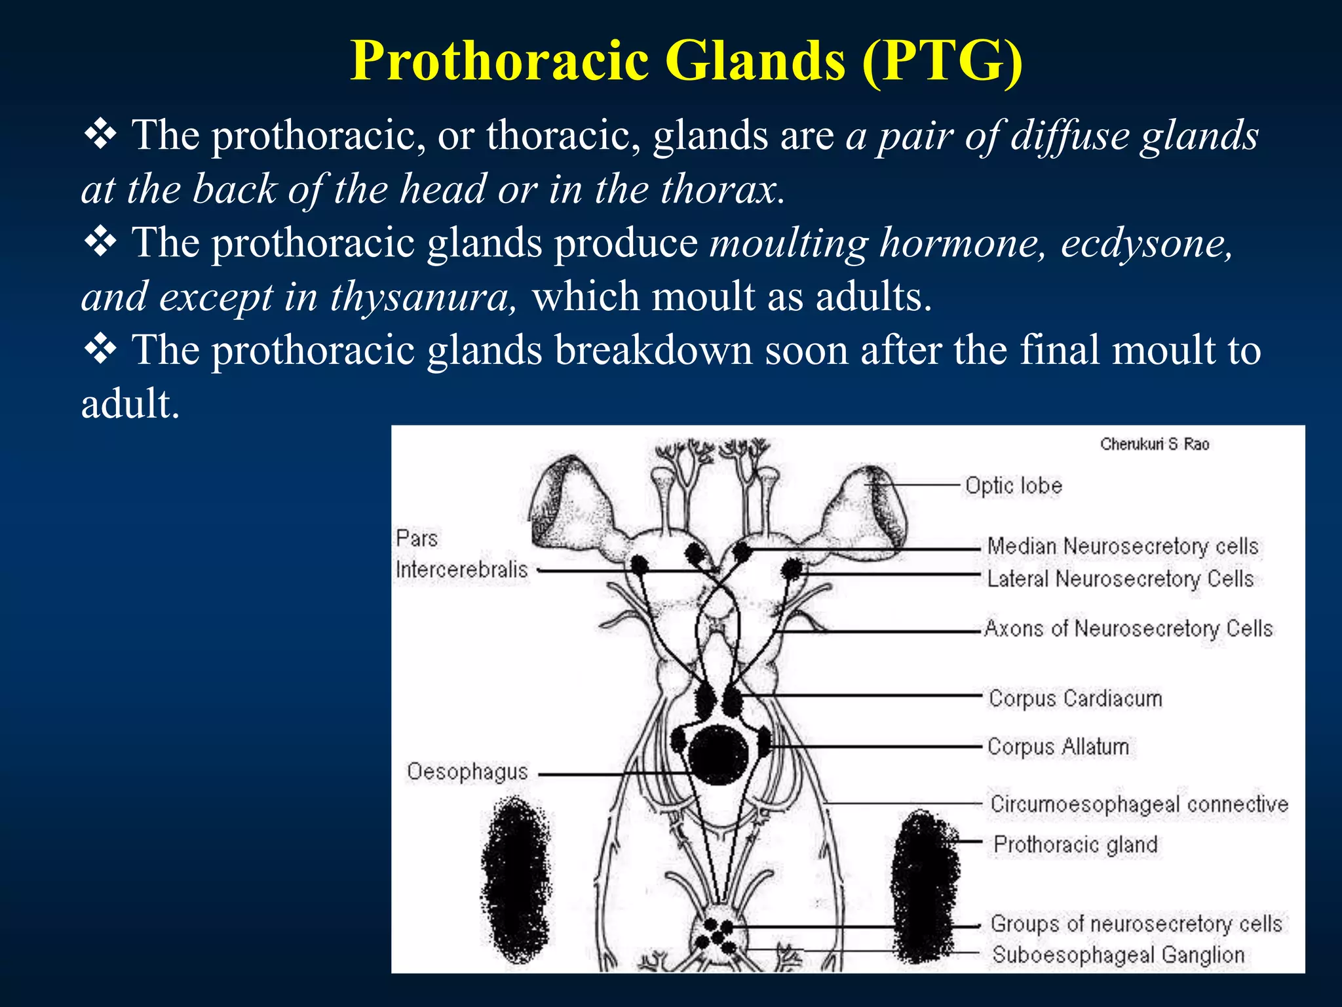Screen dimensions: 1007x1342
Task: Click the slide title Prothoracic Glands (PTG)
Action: tap(686, 61)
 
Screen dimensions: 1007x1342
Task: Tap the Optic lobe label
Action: tap(1013, 486)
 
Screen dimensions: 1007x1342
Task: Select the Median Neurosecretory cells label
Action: tap(1122, 546)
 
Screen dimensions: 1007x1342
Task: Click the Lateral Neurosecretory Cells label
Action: tap(1120, 579)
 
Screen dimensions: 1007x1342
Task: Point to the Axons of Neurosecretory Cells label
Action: tap(1128, 629)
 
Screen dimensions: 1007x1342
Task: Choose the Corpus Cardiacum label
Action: tap(1075, 698)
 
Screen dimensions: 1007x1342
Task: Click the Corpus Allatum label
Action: tap(1058, 747)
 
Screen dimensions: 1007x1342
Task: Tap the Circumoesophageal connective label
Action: tap(1139, 804)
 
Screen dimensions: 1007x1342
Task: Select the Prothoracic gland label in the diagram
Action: tap(1075, 844)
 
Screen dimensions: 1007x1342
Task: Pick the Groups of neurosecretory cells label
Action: tap(1136, 924)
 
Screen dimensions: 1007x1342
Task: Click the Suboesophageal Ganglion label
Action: tap(1118, 955)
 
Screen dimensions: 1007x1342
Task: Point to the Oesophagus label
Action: tap(467, 772)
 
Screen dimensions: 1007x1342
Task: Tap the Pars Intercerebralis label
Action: tap(461, 555)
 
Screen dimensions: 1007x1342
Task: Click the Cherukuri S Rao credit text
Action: tap(1155, 444)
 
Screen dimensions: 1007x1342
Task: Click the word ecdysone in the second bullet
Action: tap(1146, 243)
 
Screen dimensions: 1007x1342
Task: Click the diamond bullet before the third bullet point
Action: tap(100, 349)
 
